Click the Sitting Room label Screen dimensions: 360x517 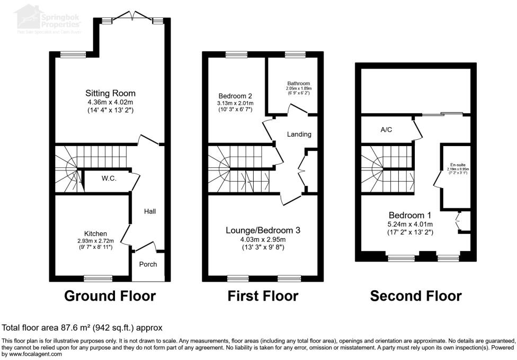click(x=111, y=94)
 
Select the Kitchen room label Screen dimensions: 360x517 click(x=95, y=233)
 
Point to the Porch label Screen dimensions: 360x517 click(x=148, y=264)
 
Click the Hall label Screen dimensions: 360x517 click(x=150, y=211)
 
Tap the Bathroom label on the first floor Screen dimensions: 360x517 click(x=299, y=84)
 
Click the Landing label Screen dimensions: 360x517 click(x=299, y=134)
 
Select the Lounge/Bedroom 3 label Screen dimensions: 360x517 click(x=263, y=230)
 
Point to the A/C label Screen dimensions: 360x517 click(x=387, y=129)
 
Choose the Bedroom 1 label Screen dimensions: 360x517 click(x=410, y=215)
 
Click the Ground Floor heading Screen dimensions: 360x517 click(x=110, y=295)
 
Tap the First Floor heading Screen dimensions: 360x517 click(x=263, y=295)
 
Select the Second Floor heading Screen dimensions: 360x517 click(x=416, y=295)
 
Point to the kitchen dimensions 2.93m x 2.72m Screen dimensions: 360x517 click(x=95, y=241)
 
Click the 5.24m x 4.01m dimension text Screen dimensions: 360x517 click(x=410, y=224)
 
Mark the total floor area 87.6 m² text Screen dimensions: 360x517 click(x=82, y=328)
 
